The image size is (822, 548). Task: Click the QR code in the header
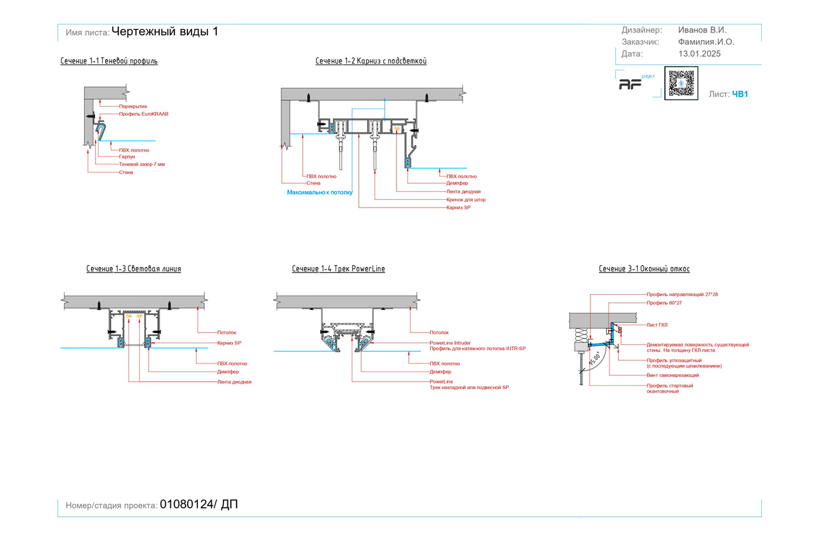tap(681, 83)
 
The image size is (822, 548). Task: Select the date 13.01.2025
tap(699, 54)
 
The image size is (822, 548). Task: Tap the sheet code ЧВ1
tap(740, 94)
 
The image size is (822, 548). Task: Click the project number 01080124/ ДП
tap(199, 505)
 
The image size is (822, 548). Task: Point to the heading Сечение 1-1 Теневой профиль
tap(109, 61)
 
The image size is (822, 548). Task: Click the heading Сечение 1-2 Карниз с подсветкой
tap(371, 61)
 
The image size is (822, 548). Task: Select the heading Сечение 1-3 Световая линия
tap(133, 269)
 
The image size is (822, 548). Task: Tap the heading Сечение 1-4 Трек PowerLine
tap(338, 269)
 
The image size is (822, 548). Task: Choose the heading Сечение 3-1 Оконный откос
tap(644, 269)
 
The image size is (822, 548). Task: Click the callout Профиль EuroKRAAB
tap(144, 114)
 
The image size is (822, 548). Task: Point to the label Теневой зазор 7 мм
tap(142, 165)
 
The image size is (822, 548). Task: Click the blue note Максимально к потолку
tap(319, 193)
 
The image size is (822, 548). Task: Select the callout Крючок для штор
tap(466, 200)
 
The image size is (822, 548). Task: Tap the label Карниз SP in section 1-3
tap(229, 343)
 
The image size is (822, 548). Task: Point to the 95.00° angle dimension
tap(595, 359)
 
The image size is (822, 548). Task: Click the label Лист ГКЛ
tap(657, 325)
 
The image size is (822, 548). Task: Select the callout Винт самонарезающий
tap(673, 376)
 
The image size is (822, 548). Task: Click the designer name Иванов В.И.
tap(702, 30)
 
